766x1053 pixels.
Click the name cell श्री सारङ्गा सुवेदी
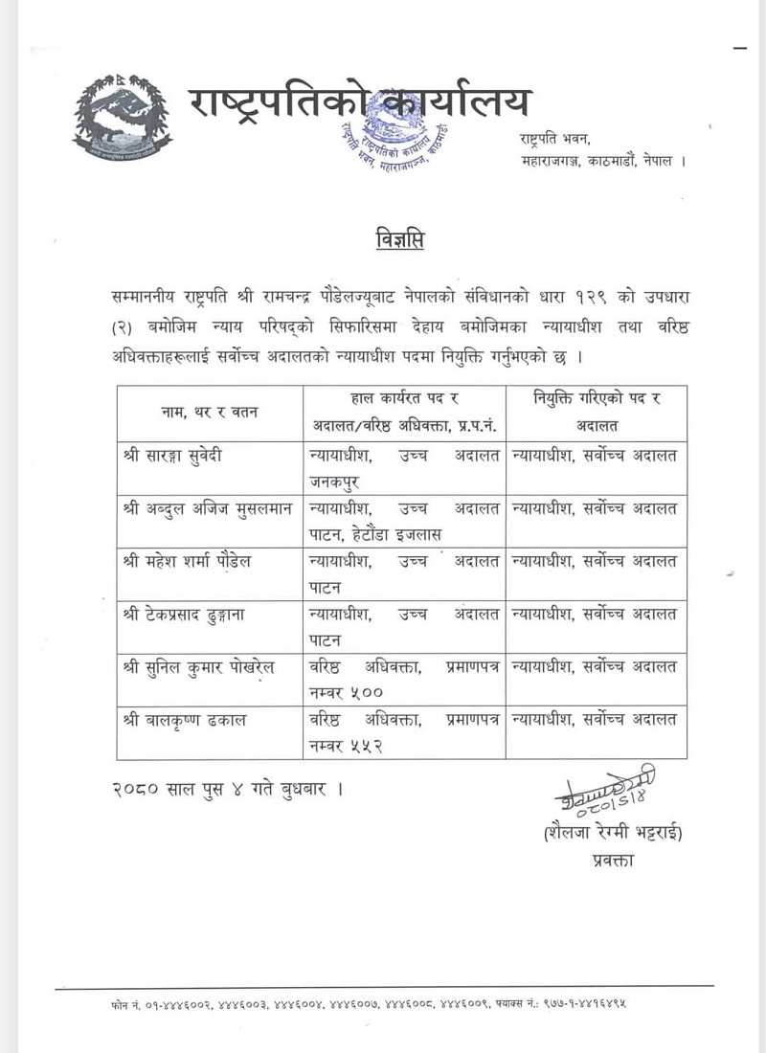click(x=174, y=456)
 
